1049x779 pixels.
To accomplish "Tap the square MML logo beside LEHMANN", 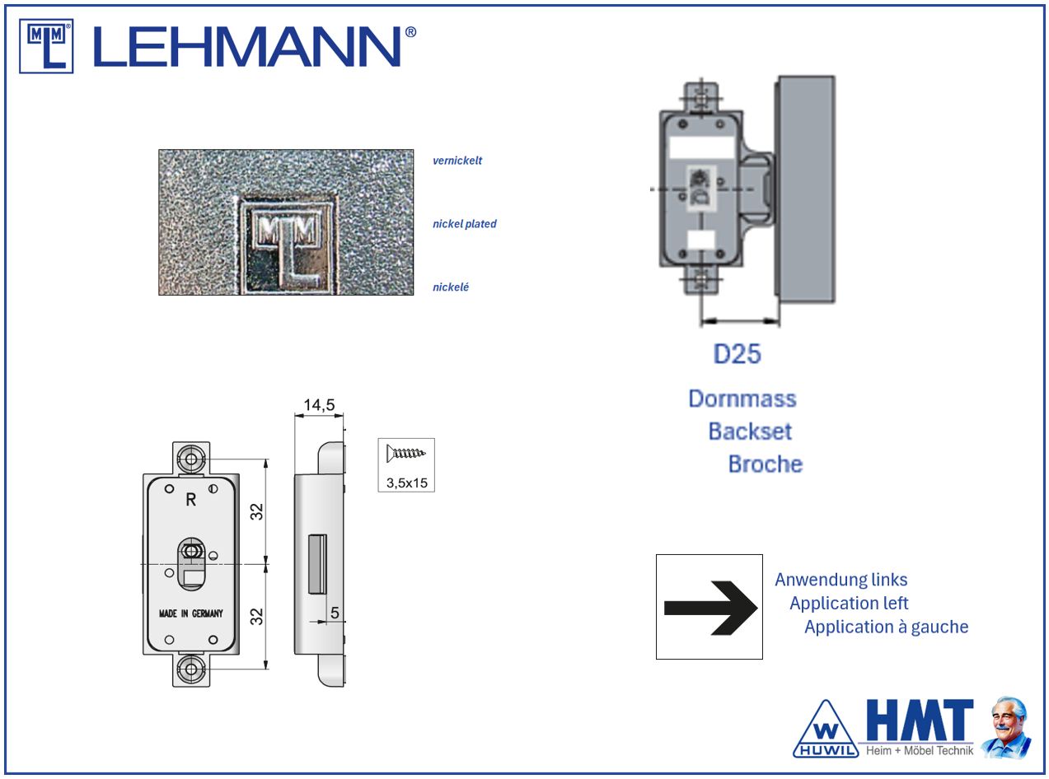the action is point(46,46).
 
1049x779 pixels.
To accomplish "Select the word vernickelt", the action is point(457,161).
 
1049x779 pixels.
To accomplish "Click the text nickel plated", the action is point(465,224).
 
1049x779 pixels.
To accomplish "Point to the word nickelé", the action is point(450,287).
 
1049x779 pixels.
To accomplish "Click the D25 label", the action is point(737,353).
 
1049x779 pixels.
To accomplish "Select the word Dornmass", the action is point(742,399).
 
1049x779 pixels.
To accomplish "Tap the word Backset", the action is point(750,431).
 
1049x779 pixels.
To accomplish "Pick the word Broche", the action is point(766,464).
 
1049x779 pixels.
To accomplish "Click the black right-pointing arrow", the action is point(710,608).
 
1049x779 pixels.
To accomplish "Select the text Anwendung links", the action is point(841,580).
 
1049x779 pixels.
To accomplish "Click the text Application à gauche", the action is point(887,627).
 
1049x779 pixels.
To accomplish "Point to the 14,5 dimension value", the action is point(319,404).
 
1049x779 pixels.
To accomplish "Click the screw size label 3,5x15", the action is point(407,483).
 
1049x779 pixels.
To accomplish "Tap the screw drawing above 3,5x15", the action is point(405,453).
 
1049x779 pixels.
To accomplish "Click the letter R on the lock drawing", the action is point(190,500).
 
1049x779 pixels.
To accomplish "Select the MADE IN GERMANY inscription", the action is point(190,613).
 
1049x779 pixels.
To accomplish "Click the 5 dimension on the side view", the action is point(335,613).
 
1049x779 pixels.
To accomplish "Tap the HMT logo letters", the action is point(919,720).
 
